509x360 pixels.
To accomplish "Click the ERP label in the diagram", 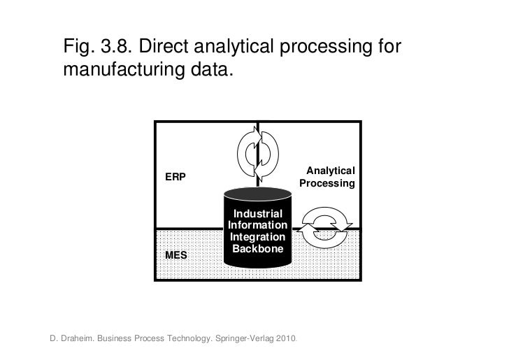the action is [175, 177].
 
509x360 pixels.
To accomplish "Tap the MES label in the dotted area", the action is [175, 256].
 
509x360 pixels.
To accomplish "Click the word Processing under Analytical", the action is [327, 184].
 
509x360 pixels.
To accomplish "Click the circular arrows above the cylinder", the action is [258, 152].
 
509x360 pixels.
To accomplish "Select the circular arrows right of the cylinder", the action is [324, 225].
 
